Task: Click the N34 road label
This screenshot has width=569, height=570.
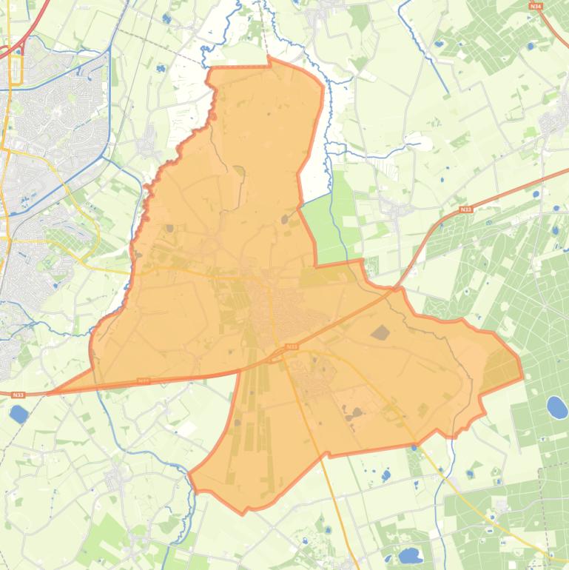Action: (x=536, y=6)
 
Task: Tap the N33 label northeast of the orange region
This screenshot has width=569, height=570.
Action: (x=465, y=210)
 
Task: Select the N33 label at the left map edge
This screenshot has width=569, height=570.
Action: (x=18, y=395)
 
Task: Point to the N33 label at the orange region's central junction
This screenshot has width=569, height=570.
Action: (x=292, y=346)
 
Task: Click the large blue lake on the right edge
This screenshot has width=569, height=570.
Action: (x=556, y=406)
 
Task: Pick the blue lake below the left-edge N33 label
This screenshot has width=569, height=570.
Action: (x=18, y=414)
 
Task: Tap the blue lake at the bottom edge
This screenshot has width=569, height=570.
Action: (x=408, y=555)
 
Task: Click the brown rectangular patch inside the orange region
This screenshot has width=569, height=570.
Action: (x=380, y=332)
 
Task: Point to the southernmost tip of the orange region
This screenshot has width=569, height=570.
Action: (x=244, y=512)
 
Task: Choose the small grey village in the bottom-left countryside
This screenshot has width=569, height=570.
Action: (x=117, y=479)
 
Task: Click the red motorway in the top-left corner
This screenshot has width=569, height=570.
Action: (x=22, y=37)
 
